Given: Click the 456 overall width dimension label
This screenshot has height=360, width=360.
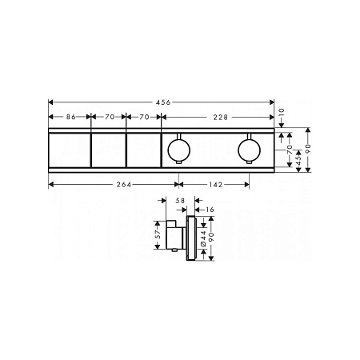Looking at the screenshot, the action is pos(162,102).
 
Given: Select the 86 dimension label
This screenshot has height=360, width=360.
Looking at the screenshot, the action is pos(71,117).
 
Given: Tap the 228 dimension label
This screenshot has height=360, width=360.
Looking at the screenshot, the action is pos(220,117).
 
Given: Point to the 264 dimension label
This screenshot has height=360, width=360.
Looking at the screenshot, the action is pos(124,185).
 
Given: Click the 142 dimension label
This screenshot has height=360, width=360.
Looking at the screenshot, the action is pos(216,185).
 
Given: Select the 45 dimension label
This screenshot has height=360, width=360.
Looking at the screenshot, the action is pos(298,160).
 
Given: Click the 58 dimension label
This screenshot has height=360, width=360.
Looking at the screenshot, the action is pos(180,201).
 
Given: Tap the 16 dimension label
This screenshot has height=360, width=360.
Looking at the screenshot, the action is pos(210,210).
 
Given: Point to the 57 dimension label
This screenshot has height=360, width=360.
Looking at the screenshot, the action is pos(158,234).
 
